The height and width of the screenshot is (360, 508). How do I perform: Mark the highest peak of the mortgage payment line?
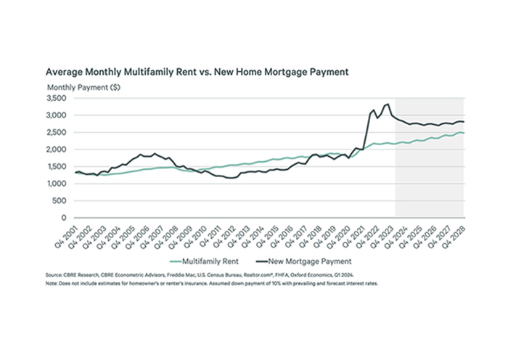[x=388, y=104]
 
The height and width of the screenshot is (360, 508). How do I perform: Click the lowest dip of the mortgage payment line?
[x=232, y=178]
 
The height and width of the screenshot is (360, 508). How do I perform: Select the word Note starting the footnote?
[x=52, y=284]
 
